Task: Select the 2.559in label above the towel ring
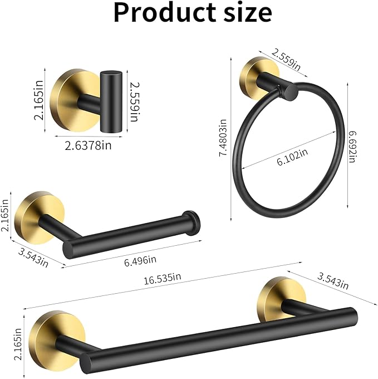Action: pyautogui.click(x=286, y=59)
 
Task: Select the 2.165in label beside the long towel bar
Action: pyautogui.click(x=17, y=345)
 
